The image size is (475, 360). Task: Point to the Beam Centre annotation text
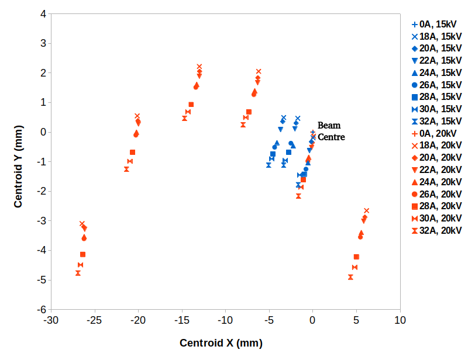tap(331, 131)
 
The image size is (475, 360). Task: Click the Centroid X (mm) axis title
tap(221, 342)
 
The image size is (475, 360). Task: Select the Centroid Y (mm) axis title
tap(19, 162)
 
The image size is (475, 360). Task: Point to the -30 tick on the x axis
tap(51, 320)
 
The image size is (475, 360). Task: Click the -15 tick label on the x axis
tap(182, 320)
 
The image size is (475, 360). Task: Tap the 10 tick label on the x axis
tap(400, 320)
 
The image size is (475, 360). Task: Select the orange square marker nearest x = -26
tap(82, 254)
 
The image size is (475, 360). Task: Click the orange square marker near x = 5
tap(356, 257)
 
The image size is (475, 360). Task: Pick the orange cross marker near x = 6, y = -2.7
tap(367, 210)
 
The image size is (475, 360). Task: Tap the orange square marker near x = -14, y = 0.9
tap(191, 105)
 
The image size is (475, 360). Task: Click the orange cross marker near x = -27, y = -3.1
tap(82, 223)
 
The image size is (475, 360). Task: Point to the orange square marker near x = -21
tap(132, 152)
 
